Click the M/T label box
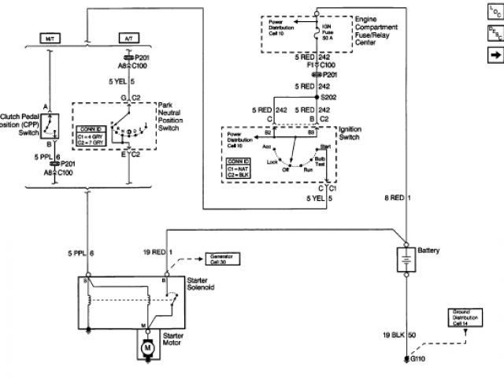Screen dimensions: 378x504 [48, 38]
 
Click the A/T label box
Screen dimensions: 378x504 [128, 38]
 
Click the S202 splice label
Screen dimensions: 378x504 [332, 96]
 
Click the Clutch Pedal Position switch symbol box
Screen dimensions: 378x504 [51, 124]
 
